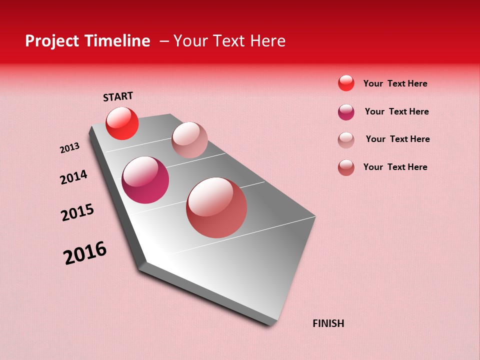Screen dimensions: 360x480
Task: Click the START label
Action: tap(118, 96)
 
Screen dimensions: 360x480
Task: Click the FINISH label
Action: tap(328, 323)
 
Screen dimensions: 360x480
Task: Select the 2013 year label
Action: tap(69, 148)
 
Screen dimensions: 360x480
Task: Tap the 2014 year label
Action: tap(73, 177)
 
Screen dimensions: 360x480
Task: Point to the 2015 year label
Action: tap(77, 212)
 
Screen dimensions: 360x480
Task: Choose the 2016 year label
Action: tap(85, 253)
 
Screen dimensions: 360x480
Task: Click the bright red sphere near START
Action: tap(122, 123)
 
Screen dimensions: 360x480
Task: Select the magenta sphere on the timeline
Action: tap(145, 180)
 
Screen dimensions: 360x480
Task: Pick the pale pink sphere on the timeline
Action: tap(189, 140)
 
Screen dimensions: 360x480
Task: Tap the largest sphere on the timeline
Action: tap(216, 207)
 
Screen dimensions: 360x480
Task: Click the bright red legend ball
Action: tap(346, 83)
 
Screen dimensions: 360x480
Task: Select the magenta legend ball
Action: tap(346, 112)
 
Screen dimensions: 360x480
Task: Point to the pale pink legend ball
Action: tap(346, 140)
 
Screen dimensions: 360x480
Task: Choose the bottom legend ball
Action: tap(346, 167)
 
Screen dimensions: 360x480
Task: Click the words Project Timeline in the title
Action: tap(87, 41)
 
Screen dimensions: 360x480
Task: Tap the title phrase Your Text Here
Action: tap(229, 41)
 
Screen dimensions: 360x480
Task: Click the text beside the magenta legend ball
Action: tap(396, 111)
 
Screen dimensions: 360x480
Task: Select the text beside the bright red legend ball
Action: tap(395, 83)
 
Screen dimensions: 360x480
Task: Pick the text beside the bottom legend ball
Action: tap(395, 167)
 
